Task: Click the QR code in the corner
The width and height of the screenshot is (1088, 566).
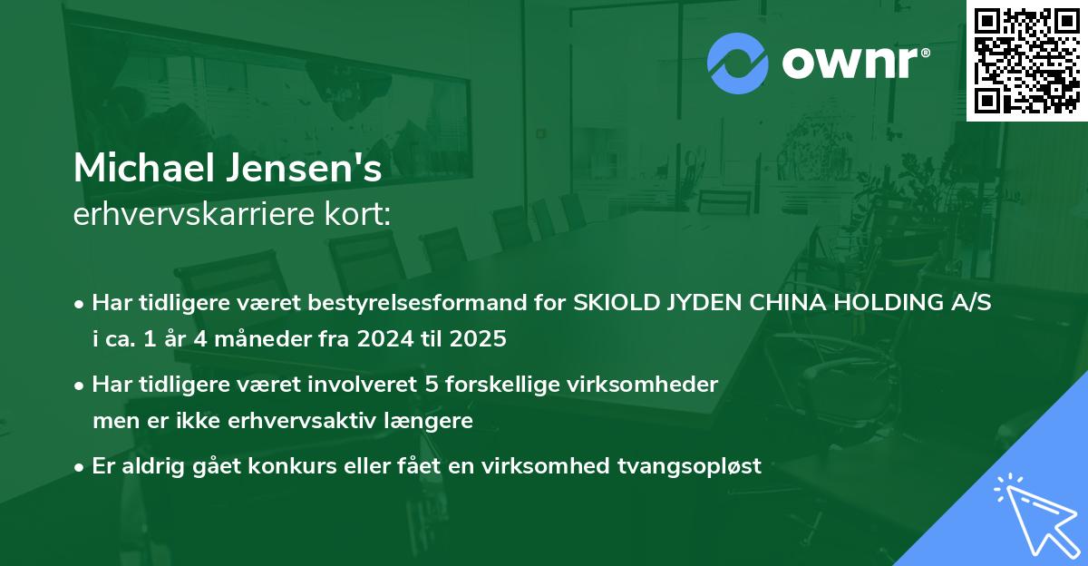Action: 1026,60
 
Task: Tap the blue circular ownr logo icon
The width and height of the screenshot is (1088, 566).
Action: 738,63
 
